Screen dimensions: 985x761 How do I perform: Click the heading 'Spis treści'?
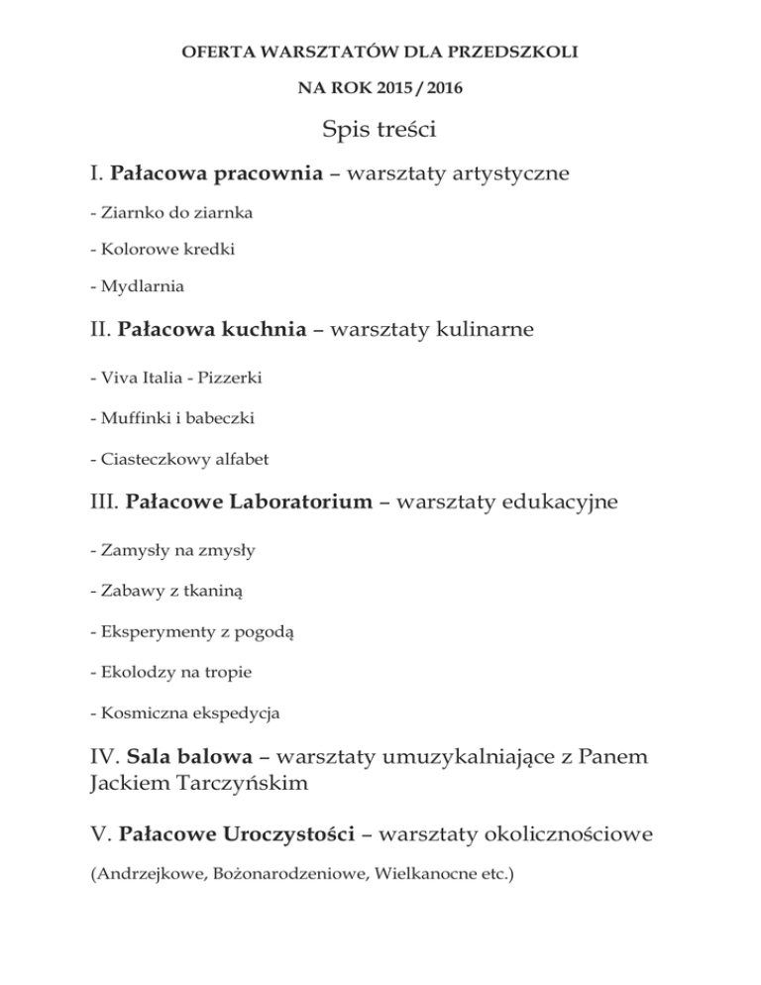(380, 130)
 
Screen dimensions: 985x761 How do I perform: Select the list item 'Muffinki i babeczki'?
(171, 418)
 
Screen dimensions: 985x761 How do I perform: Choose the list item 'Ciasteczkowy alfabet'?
(178, 459)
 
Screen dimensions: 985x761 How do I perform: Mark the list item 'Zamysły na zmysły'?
(165, 550)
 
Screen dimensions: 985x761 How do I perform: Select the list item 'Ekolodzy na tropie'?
(170, 671)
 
